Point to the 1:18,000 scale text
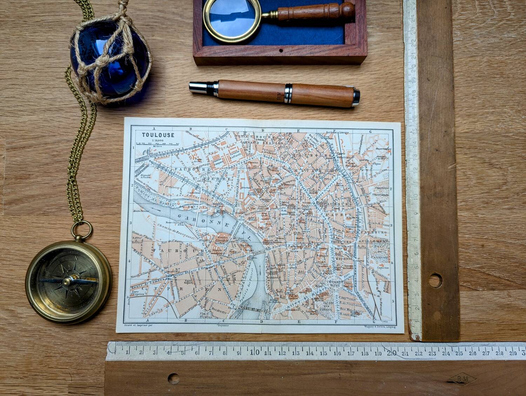[157, 140]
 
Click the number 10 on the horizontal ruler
[257, 352]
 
